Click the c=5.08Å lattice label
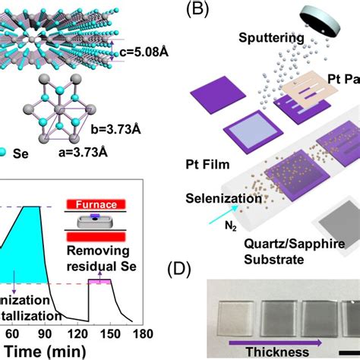click(145, 52)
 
